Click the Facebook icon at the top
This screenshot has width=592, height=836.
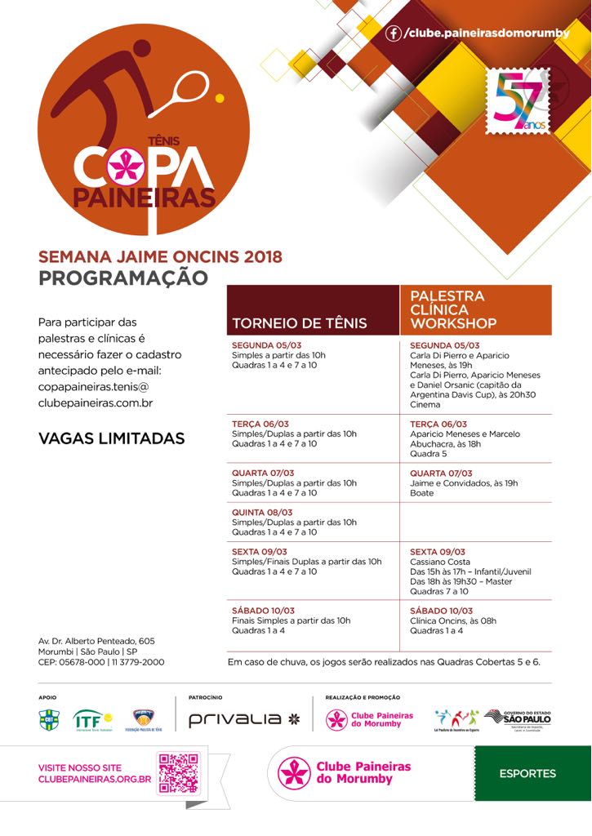pos(394,33)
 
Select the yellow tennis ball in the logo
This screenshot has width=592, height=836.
pos(219,98)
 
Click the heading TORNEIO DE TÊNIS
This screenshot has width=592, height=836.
pos(300,322)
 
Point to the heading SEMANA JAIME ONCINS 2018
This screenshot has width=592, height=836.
pos(160,256)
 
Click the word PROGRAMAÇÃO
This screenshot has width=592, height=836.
pos(123,278)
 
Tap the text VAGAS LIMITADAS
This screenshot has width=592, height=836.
pos(112,438)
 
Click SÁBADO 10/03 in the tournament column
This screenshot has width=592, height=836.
pos(264,611)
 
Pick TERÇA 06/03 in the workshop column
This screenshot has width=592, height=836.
pos(439,425)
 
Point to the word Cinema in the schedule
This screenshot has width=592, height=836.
pos(425,405)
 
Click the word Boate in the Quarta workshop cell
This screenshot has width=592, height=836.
pos(422,493)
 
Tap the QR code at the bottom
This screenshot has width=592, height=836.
pos(178,773)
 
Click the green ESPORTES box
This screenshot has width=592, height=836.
pos(527,773)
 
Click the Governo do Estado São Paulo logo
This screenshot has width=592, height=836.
pos(517,718)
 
